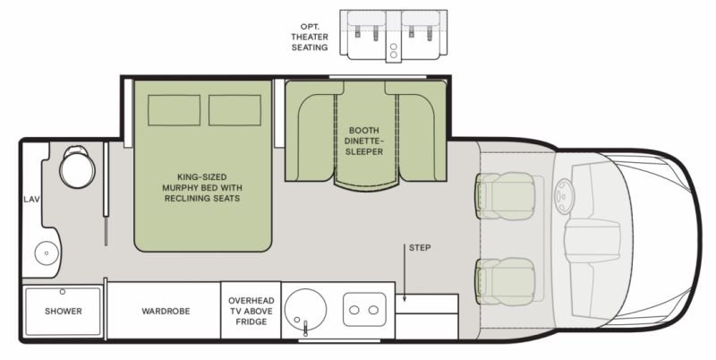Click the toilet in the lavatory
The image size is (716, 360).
[77, 167]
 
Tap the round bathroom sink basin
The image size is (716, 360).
[47, 253]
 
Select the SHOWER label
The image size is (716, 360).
[64, 311]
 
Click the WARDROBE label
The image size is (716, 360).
[166, 311]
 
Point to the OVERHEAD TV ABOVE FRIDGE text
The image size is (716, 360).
[251, 311]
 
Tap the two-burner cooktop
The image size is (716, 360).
[364, 310]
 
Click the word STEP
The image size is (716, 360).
[420, 248]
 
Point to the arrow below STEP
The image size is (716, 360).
[405, 272]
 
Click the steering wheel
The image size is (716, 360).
[565, 196]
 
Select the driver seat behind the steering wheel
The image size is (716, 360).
[505, 196]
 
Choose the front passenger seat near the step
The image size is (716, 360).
[505, 281]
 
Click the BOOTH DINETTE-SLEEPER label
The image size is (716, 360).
[364, 141]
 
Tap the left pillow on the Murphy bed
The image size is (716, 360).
[174, 110]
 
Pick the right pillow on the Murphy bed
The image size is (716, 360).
[234, 110]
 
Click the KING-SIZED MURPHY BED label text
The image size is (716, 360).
[202, 187]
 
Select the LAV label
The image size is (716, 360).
[32, 199]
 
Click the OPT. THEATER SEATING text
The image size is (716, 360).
[310, 37]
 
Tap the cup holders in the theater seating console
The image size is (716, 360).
[393, 50]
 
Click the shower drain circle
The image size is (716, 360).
[63, 292]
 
